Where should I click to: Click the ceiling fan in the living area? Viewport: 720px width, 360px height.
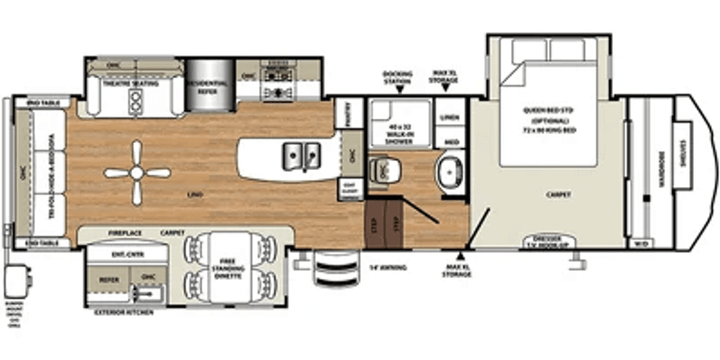point(137,172)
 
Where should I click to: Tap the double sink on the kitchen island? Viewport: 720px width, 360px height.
point(301,154)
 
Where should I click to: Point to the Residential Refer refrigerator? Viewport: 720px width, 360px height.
point(207,86)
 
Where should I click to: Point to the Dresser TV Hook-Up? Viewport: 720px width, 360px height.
point(550,241)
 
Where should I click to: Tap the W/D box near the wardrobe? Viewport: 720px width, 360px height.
point(641,243)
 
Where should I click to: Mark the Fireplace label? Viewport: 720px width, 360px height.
point(124,231)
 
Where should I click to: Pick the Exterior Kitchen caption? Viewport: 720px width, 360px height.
point(123,311)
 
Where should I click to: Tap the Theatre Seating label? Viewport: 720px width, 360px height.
point(131,84)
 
